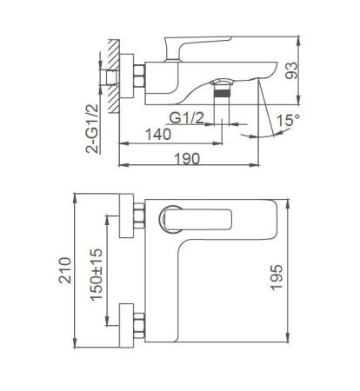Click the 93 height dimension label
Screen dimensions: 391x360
tap(316, 67)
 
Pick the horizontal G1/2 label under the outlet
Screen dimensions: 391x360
tap(189, 118)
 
